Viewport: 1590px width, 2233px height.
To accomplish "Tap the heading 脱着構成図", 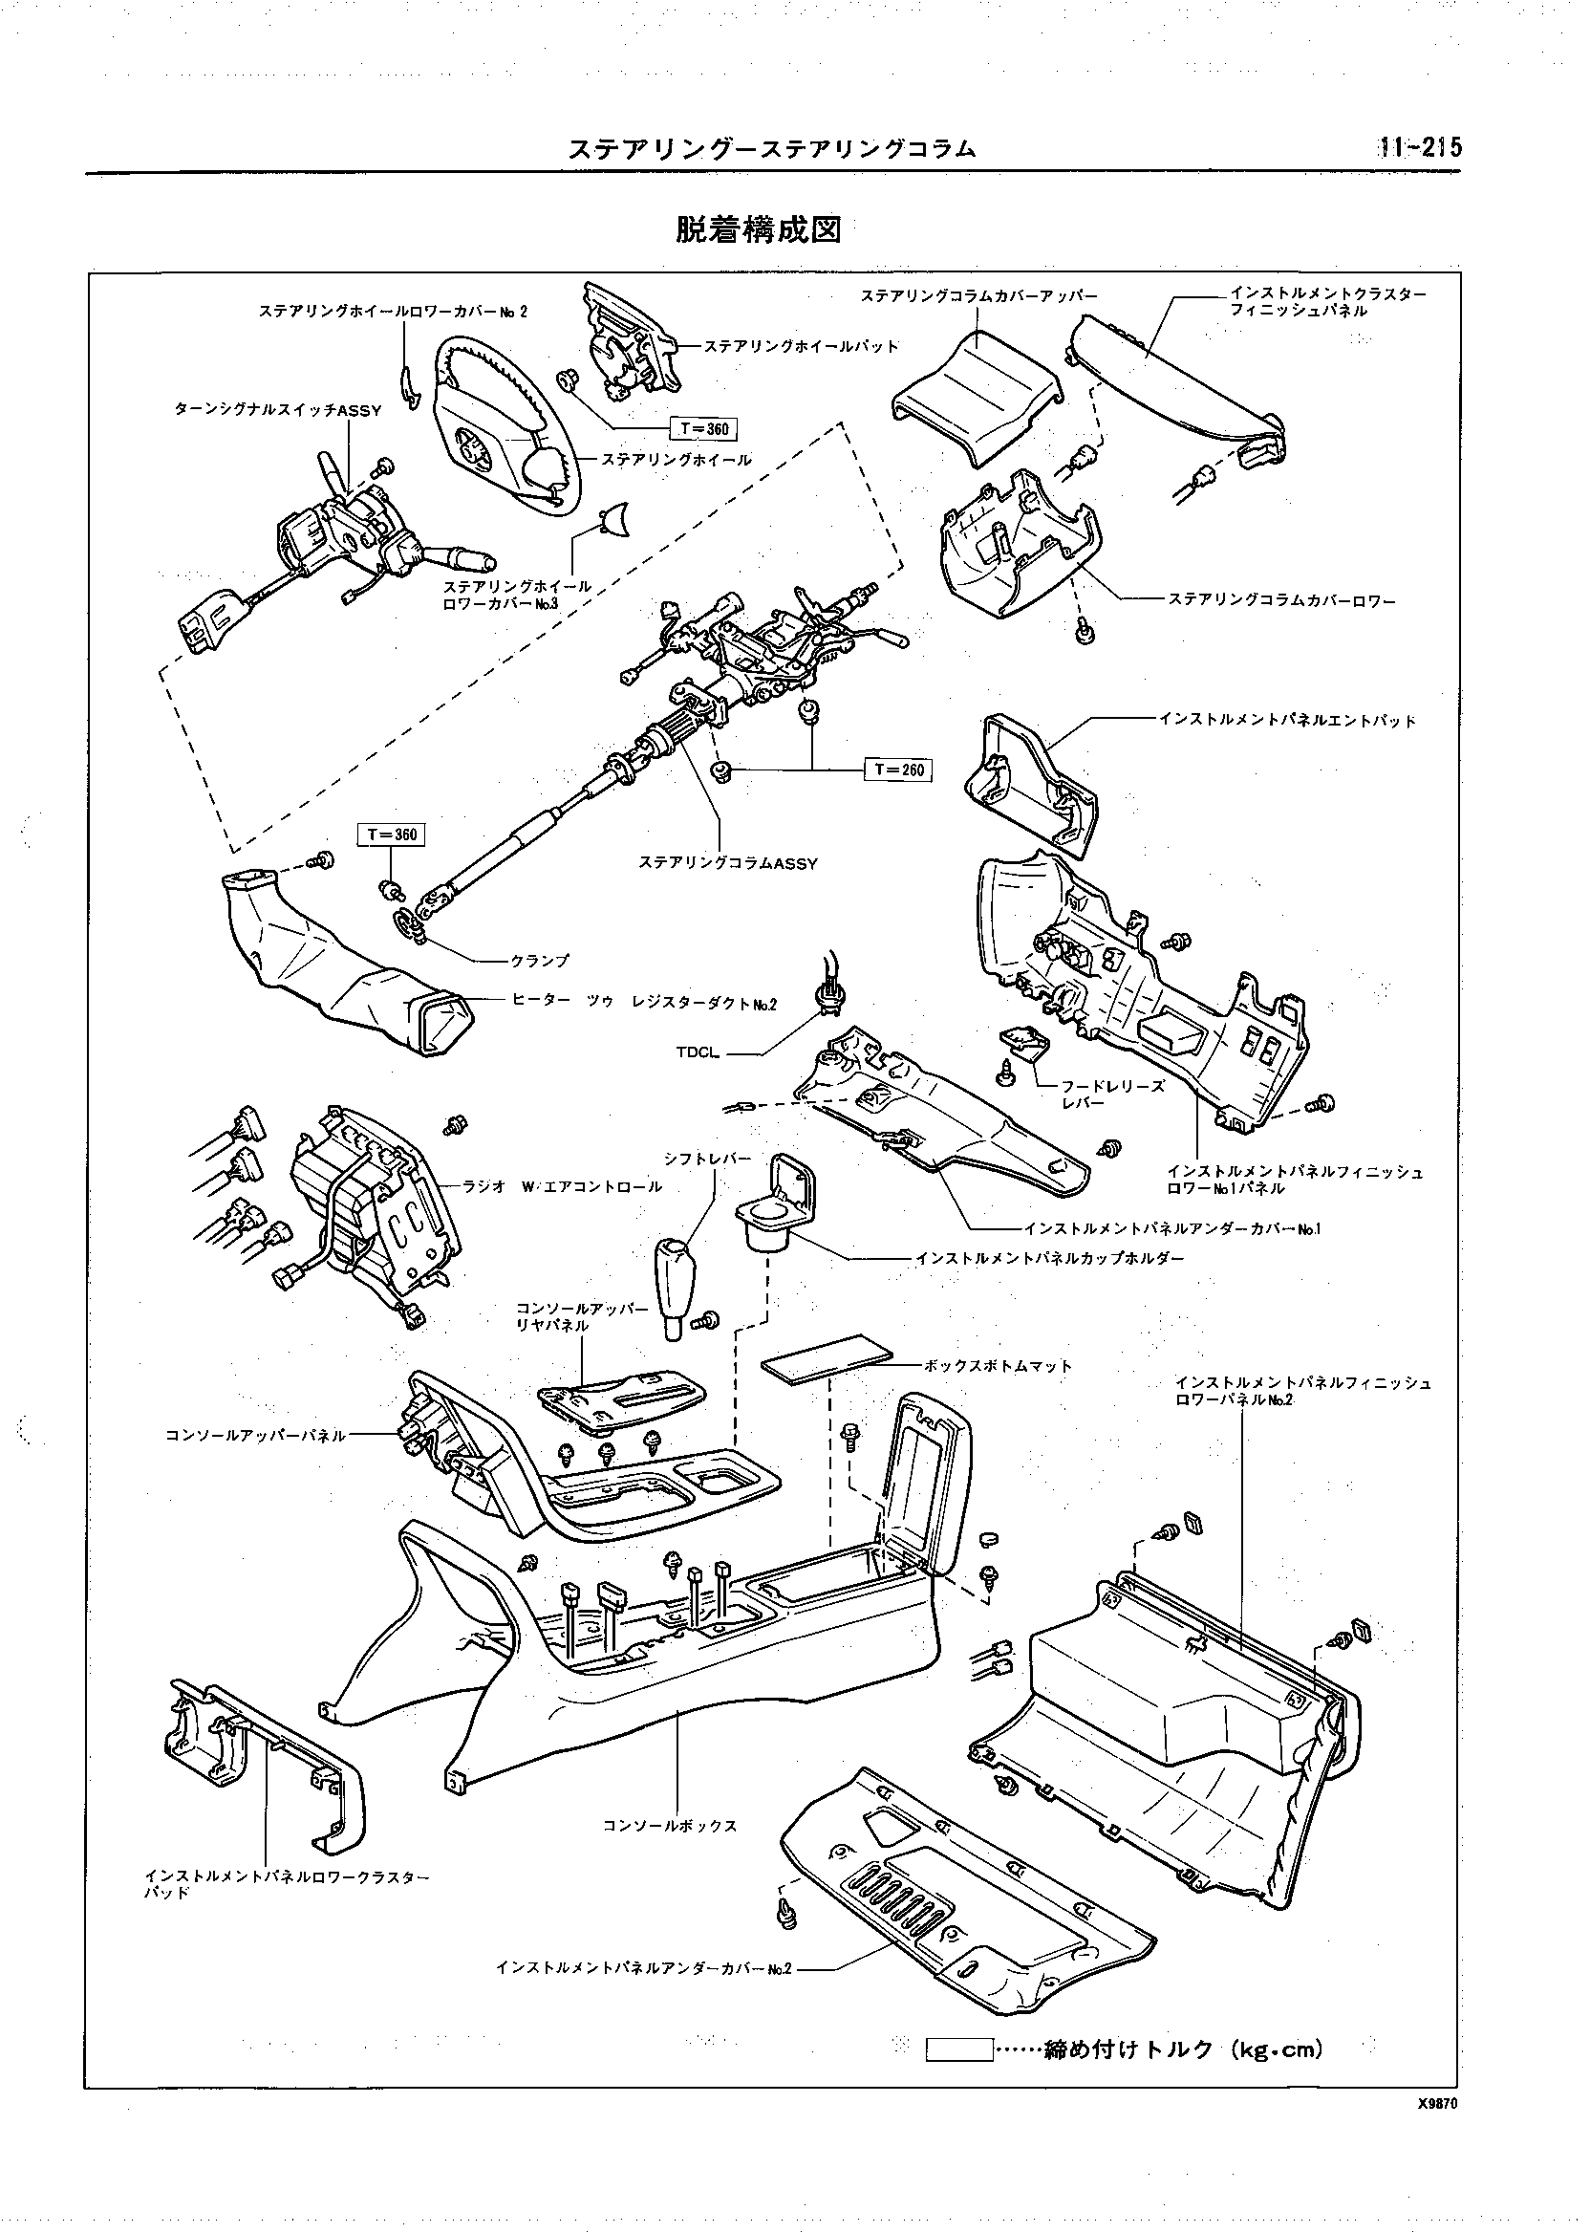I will (758, 230).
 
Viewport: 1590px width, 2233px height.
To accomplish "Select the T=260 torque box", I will (897, 769).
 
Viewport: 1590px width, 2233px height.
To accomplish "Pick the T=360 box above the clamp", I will (392, 835).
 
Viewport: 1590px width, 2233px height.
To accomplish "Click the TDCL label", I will (698, 1052).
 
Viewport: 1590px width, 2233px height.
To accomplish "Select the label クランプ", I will (540, 961).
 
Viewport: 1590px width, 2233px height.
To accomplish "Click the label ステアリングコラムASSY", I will (727, 863).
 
